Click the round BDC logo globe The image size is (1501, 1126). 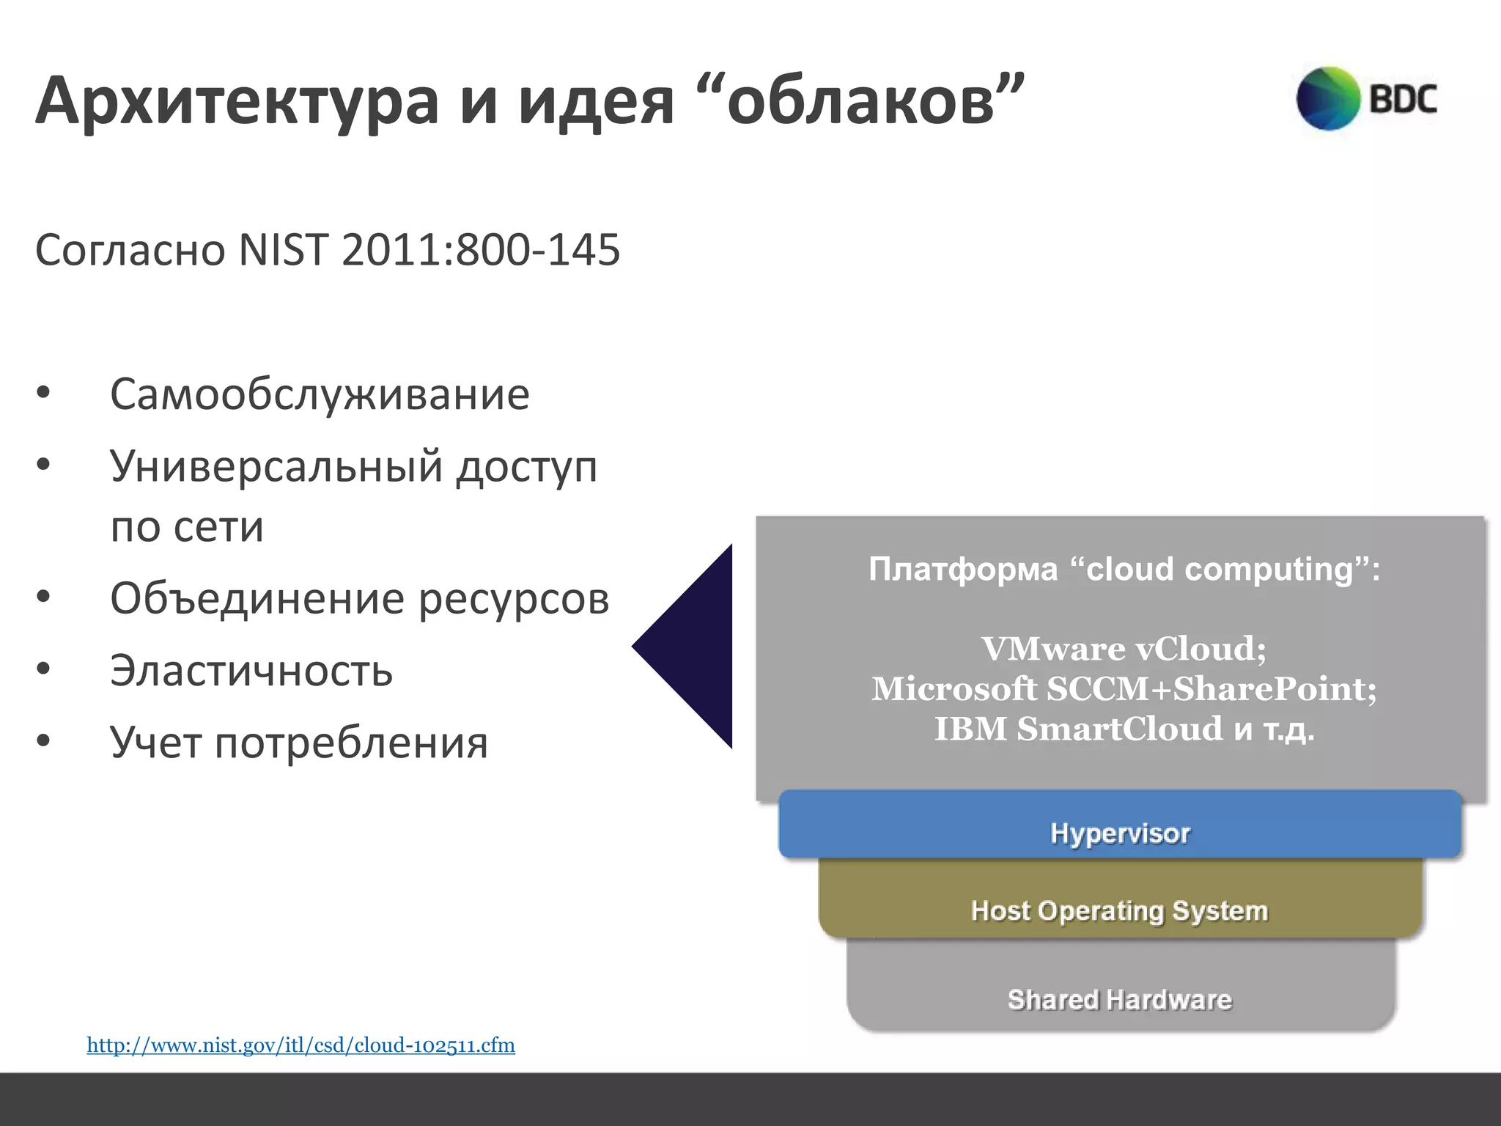pyautogui.click(x=1328, y=98)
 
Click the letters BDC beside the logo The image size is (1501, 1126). pyautogui.click(x=1403, y=99)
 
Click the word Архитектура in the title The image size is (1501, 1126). pyautogui.click(x=236, y=103)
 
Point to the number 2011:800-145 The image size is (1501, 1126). pyautogui.click(x=481, y=250)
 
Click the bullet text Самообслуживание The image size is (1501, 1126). pyautogui.click(x=320, y=394)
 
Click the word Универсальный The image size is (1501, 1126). pyautogui.click(x=276, y=466)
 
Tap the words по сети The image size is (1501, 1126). pyautogui.click(x=187, y=526)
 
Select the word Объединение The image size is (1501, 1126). pyautogui.click(x=257, y=598)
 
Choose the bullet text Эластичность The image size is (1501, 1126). pyautogui.click(x=251, y=670)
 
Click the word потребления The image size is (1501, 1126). pyautogui.click(x=351, y=742)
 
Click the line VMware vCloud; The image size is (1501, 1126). pyautogui.click(x=1124, y=649)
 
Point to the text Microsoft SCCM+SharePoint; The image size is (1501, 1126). pyautogui.click(x=1124, y=689)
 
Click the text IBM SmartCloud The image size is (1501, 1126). pyautogui.click(x=1078, y=729)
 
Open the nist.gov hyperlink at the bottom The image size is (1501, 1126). pyautogui.click(x=300, y=1045)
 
